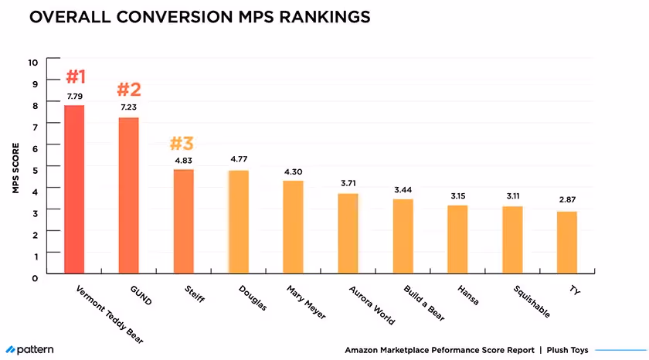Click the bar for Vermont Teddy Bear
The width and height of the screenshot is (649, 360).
(74, 189)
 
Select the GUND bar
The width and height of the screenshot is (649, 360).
(128, 195)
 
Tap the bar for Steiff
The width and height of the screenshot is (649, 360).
(183, 221)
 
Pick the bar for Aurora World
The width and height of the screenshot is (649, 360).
(348, 233)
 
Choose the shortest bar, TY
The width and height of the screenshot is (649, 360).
(566, 243)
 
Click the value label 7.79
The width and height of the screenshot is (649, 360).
(74, 97)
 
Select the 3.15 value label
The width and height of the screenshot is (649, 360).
(457, 196)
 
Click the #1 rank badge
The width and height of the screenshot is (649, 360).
(75, 77)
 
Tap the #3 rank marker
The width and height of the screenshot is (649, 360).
(182, 144)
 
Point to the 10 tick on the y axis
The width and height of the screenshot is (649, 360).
(32, 62)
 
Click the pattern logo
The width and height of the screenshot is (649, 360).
(29, 350)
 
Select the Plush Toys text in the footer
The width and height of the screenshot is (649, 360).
(568, 350)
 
